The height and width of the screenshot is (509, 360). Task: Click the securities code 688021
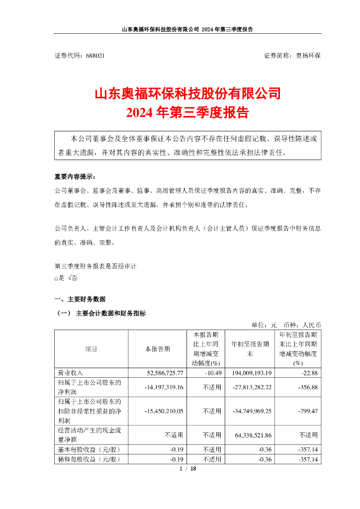tap(95, 56)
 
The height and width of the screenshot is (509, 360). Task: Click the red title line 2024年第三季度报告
tap(187, 112)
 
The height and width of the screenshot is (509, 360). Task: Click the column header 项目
tap(91, 349)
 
